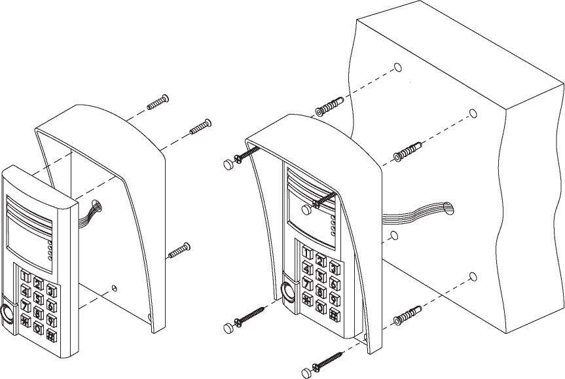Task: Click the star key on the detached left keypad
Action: (x=26, y=319)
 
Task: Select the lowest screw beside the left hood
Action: (x=178, y=251)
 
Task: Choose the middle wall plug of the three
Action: (x=408, y=151)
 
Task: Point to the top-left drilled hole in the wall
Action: (x=398, y=67)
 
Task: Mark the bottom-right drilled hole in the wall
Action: (x=472, y=277)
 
